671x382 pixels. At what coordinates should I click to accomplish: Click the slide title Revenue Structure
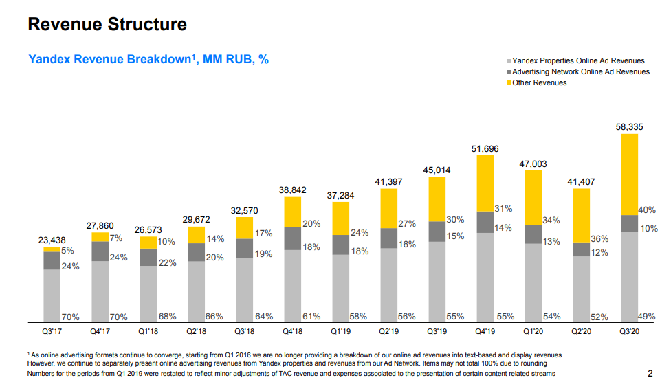click(107, 25)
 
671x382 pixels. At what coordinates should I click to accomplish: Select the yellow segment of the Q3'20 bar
click(629, 175)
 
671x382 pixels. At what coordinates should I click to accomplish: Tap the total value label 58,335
click(630, 127)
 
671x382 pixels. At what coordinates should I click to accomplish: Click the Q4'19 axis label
click(485, 330)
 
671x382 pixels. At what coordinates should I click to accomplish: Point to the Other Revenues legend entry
click(540, 82)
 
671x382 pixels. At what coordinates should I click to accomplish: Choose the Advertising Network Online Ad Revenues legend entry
click(580, 71)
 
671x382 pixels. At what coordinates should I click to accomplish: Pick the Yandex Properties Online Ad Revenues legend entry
click(580, 61)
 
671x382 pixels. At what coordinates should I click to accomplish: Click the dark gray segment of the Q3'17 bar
click(52, 260)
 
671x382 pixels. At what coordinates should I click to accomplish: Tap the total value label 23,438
click(52, 240)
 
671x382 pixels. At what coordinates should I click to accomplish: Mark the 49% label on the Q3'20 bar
click(646, 317)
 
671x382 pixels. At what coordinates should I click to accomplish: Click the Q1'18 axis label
click(148, 330)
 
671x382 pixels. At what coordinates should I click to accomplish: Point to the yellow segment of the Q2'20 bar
click(581, 215)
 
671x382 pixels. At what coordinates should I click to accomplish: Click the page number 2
click(650, 373)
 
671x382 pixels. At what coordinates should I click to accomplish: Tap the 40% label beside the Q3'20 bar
click(648, 210)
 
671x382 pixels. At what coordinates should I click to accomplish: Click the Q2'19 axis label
click(388, 330)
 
